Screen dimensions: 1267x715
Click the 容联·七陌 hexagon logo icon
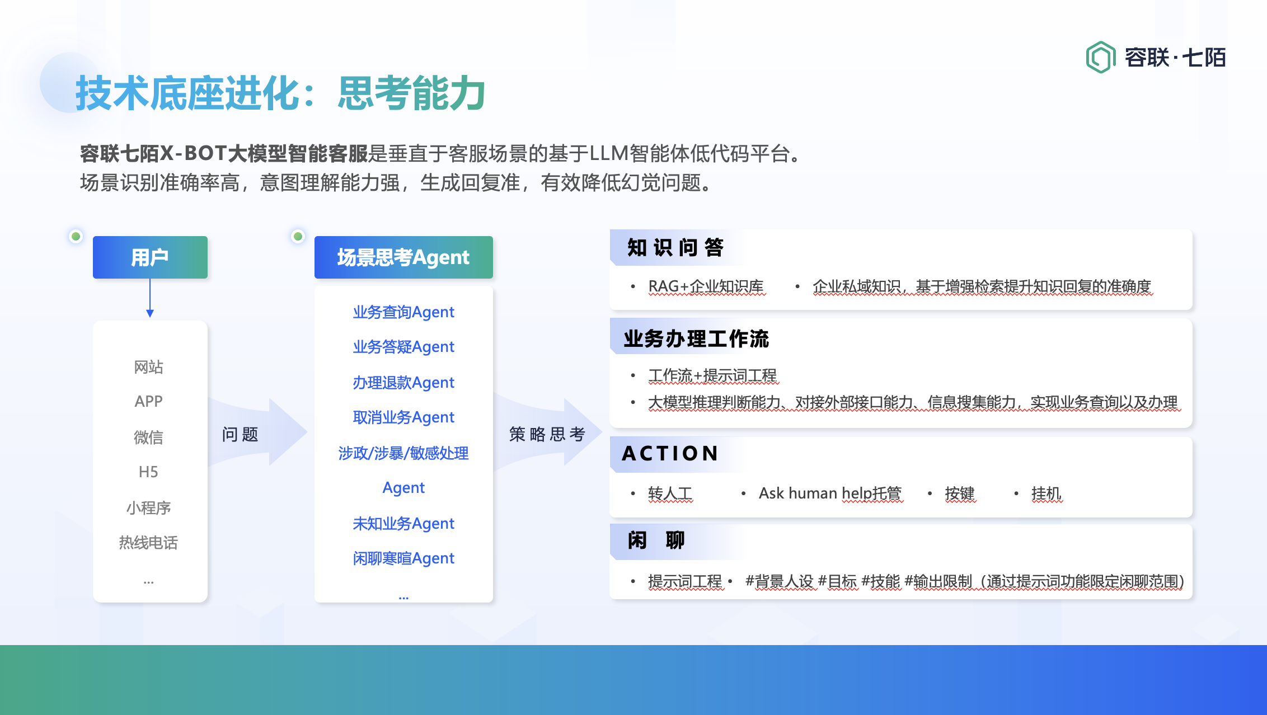coord(1100,57)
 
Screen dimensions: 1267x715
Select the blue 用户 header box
coord(150,257)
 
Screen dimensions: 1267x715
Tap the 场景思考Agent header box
coord(403,257)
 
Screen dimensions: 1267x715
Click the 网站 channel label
coord(148,367)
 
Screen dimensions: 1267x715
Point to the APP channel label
coord(148,401)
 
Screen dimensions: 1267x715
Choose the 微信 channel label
coord(148,437)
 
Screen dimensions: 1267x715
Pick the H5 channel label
coord(148,472)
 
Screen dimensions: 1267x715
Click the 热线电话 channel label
coord(148,542)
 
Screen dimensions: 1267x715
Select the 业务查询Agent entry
coord(403,312)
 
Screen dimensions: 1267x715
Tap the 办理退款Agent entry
coord(403,383)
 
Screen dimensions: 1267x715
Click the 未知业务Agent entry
coord(403,524)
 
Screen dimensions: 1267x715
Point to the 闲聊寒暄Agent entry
coord(403,558)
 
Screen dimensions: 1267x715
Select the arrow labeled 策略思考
coord(548,432)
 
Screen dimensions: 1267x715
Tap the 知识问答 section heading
coord(675,247)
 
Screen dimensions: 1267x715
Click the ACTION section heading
coord(670,453)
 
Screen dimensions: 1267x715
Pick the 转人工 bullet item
coord(670,493)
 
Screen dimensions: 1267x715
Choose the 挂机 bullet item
coord(1047,493)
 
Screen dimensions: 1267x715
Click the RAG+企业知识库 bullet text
coord(706,286)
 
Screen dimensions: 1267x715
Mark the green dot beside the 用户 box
coord(76,236)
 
